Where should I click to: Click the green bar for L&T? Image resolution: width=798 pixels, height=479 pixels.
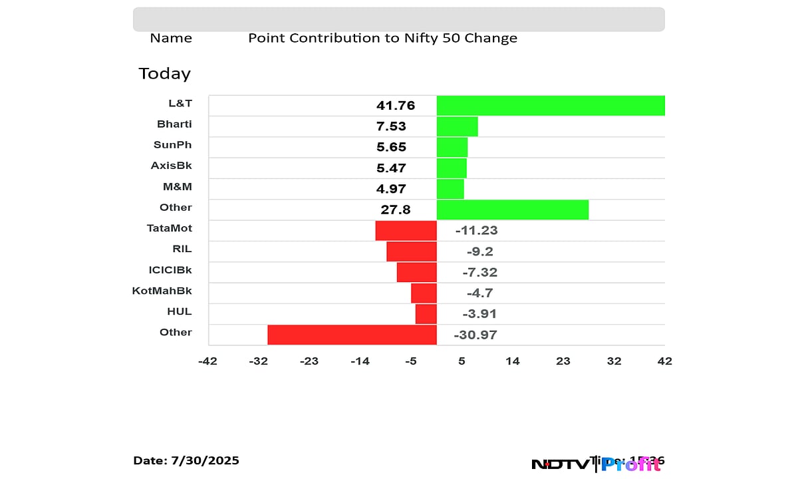point(551,106)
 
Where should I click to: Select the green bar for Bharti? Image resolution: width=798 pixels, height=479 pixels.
point(457,126)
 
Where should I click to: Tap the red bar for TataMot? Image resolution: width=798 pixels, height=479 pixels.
point(406,230)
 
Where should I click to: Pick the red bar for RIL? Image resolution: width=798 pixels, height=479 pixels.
point(411,251)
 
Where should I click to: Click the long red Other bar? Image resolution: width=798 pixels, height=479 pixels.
point(352,335)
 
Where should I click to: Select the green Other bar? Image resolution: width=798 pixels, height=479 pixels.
point(512,210)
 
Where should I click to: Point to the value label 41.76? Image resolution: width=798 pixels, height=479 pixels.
point(396,106)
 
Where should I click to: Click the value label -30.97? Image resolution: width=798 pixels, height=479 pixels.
point(475,335)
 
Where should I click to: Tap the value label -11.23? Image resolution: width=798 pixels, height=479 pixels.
point(476,231)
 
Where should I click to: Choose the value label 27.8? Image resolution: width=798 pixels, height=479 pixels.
point(396,210)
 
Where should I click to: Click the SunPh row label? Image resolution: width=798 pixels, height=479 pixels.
point(172,145)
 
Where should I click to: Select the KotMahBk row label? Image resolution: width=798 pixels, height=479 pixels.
point(162,291)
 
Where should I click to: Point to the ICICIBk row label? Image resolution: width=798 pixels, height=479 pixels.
point(170,269)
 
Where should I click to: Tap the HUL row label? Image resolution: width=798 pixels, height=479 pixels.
point(180,311)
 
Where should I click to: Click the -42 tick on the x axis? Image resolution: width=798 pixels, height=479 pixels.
point(207,361)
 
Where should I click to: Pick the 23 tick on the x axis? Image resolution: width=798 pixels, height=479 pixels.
point(563,361)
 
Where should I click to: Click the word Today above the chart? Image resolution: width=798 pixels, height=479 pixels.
point(164,73)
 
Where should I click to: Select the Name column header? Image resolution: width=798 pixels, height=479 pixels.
point(171,38)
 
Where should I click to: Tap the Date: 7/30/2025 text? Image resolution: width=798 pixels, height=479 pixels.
point(186,460)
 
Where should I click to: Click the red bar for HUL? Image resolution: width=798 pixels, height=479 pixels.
point(426,314)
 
